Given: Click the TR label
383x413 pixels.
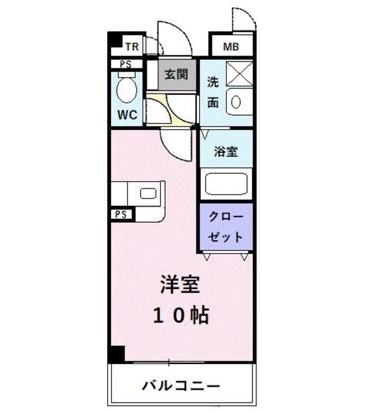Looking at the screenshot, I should (132, 46).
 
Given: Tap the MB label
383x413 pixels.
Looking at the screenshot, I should (230, 46).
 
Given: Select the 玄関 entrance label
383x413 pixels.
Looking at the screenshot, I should (176, 74).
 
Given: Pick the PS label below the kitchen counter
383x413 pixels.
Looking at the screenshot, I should (121, 214).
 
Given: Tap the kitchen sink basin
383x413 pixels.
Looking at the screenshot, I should (149, 192).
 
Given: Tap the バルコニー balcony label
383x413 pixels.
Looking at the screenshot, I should (181, 386).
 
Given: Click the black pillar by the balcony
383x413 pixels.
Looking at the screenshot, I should (116, 354).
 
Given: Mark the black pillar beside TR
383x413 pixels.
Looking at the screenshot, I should (114, 42).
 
